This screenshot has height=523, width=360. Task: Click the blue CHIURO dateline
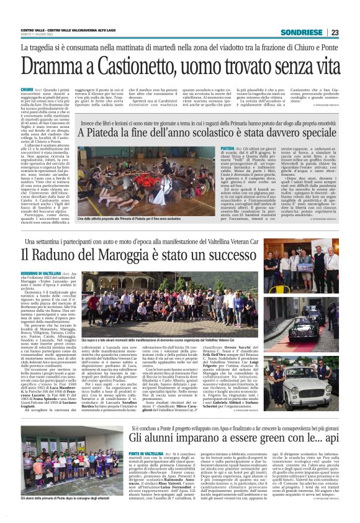(27, 90)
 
